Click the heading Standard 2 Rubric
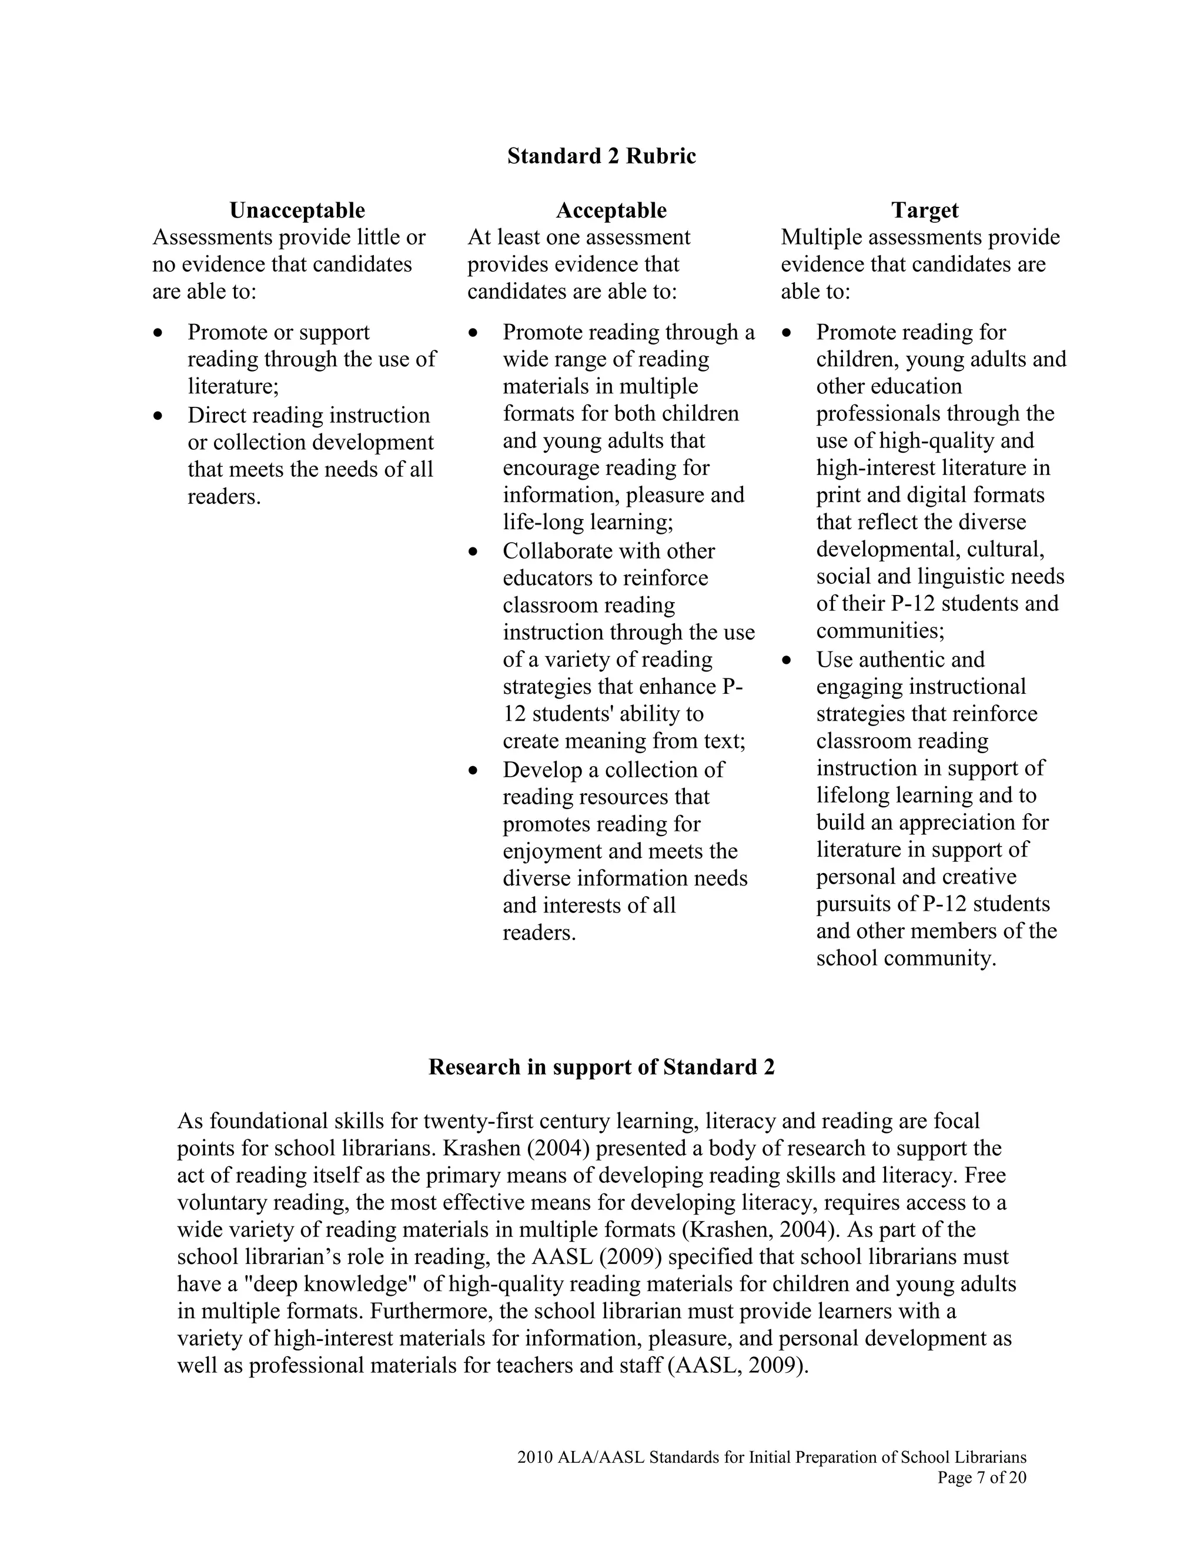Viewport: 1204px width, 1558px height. pyautogui.click(x=601, y=156)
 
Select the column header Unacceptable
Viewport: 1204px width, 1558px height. pyautogui.click(x=297, y=210)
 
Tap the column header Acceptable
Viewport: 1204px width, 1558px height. pyautogui.click(x=611, y=210)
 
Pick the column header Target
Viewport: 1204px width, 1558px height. pyautogui.click(x=924, y=210)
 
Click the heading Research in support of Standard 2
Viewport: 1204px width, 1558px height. pyautogui.click(x=601, y=1066)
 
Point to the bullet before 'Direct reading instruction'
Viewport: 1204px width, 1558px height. pyautogui.click(x=158, y=415)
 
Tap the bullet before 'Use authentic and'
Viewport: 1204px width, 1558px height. pyautogui.click(x=787, y=660)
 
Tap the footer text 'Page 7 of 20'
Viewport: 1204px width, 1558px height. pyautogui.click(x=981, y=1477)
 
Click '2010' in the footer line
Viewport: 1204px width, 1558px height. pyautogui.click(x=534, y=1457)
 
